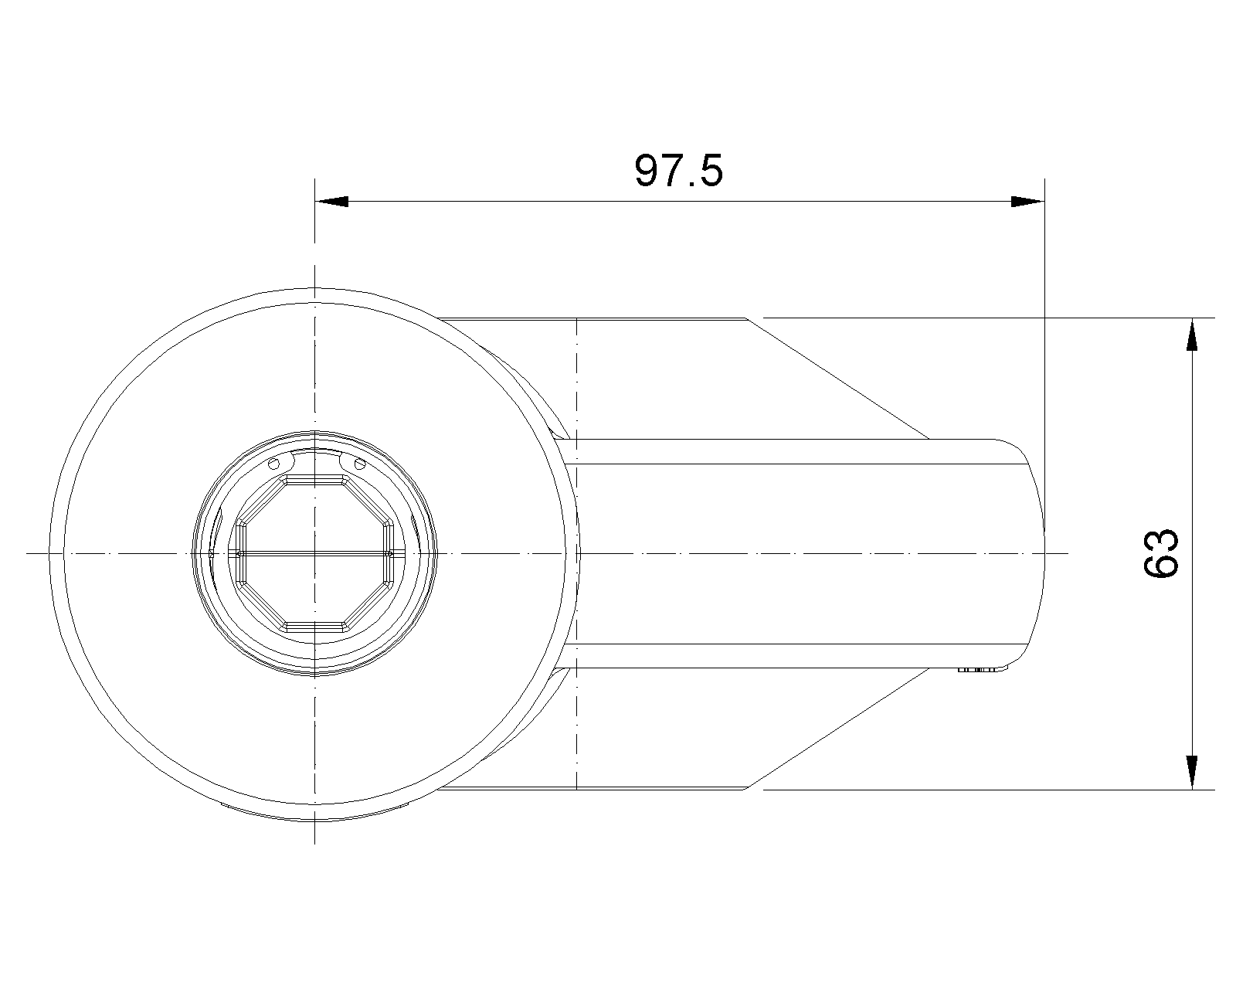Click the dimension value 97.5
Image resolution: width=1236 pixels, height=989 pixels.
pos(678,171)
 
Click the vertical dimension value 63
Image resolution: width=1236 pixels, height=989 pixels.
pos(1161,553)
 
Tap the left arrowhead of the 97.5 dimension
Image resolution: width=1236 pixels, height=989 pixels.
pos(332,202)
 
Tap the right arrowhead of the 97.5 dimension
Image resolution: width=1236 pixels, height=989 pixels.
pos(1027,202)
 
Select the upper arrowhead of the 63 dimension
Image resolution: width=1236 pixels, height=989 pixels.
pos(1192,334)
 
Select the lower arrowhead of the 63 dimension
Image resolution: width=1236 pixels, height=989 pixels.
pos(1192,773)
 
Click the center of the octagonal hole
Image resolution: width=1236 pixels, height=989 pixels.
pos(314,553)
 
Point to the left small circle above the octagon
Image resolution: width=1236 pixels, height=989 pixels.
pos(274,463)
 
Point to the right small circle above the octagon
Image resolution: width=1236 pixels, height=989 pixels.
pos(360,463)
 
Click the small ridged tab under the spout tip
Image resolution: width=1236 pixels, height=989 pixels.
pos(976,670)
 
